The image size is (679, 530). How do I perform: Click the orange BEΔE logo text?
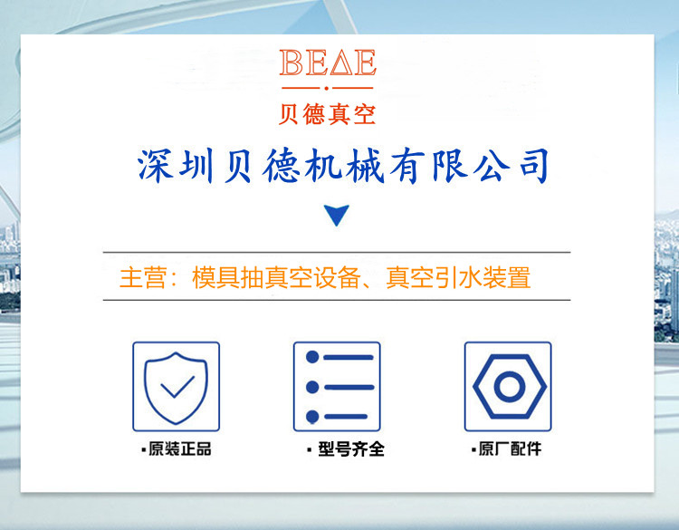point(328,63)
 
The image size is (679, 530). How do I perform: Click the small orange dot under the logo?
point(327,88)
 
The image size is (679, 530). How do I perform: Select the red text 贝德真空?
point(327,114)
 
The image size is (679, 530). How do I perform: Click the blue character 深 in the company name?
point(155,166)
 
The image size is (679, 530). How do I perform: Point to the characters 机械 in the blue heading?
point(345,166)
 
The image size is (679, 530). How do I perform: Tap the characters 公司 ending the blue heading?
point(512,166)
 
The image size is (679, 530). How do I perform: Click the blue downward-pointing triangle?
point(337,214)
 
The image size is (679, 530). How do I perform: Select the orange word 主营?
point(142,277)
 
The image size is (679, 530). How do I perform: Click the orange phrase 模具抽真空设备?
point(276,277)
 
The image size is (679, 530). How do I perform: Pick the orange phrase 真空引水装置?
point(458,277)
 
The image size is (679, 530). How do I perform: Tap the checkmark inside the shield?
point(177,387)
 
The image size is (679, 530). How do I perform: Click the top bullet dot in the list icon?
point(312,357)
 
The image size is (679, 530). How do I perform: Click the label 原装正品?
point(180,449)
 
